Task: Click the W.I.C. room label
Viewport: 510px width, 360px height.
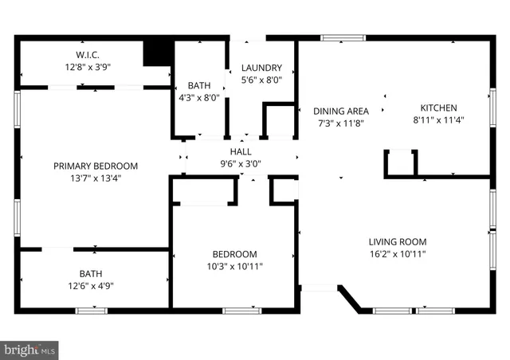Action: click(87, 54)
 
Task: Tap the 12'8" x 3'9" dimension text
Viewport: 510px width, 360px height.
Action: click(87, 67)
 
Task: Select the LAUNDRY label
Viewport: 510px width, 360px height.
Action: click(261, 68)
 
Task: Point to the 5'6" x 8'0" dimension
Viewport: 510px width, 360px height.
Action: click(261, 80)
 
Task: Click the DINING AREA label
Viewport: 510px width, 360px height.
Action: click(340, 111)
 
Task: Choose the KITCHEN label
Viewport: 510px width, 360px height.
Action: click(438, 108)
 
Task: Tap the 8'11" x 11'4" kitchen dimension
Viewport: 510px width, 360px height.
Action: click(438, 120)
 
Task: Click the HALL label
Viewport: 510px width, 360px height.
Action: click(241, 151)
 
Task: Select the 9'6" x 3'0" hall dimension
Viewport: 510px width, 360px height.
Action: click(241, 164)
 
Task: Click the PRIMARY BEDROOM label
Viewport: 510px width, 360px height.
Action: click(96, 166)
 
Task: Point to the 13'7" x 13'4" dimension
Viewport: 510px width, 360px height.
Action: click(96, 178)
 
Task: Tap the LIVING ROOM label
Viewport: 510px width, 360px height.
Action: click(397, 241)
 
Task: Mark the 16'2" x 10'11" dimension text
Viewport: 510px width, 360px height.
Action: click(397, 254)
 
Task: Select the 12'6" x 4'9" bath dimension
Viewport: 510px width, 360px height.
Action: click(90, 286)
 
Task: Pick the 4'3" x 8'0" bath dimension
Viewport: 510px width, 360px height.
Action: click(198, 98)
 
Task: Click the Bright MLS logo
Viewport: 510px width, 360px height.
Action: click(30, 349)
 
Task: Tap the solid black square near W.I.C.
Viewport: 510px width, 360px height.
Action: click(158, 53)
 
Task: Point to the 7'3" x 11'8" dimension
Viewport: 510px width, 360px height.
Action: click(340, 123)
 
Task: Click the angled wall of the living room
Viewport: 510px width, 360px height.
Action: click(350, 299)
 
